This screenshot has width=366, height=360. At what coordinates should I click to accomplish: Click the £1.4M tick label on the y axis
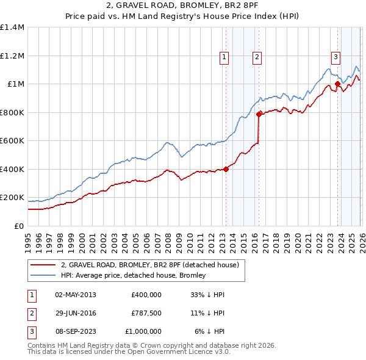coord(12,27)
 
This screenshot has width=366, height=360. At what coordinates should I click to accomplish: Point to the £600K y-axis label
coord(12,141)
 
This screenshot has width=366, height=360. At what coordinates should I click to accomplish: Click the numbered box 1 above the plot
coord(224,58)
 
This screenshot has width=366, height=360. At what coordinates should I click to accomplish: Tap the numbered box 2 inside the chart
coord(257,58)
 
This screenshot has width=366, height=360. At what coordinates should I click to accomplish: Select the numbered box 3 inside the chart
coord(335,58)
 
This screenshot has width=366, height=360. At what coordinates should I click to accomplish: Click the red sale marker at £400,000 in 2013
coord(226,169)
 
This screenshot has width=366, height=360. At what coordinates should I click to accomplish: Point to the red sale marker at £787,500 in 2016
coord(259,113)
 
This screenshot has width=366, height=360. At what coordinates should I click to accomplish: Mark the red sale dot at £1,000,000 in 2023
coord(337,84)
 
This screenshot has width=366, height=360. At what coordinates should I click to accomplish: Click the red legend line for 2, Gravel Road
coord(43,265)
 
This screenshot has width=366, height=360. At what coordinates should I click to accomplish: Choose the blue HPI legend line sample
coord(43,275)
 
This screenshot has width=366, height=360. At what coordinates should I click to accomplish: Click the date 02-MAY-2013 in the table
coord(75,295)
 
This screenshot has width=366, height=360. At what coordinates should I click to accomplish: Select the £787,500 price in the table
coord(146,313)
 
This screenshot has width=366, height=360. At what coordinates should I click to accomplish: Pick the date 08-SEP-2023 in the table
coord(75,331)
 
